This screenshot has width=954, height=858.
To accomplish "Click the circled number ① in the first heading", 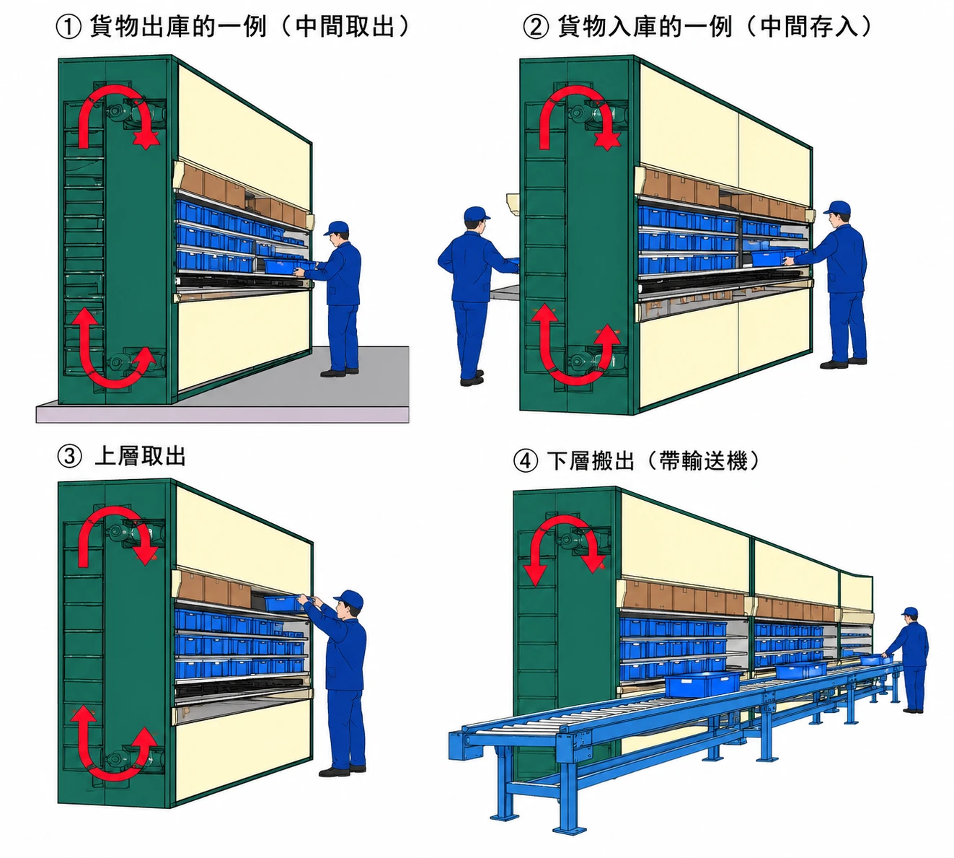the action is click(x=69, y=27).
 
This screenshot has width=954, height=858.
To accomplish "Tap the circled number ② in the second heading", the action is click(x=536, y=27).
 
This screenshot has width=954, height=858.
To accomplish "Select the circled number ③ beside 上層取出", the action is click(x=69, y=456).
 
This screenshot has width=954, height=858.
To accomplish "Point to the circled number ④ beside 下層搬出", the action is click(x=526, y=460).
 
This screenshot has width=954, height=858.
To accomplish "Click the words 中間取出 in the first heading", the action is click(x=345, y=26).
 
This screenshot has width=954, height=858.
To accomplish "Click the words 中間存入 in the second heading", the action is click(x=810, y=26).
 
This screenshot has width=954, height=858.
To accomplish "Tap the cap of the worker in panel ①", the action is click(x=337, y=227).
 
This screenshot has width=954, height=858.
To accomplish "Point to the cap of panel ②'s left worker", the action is click(x=476, y=214).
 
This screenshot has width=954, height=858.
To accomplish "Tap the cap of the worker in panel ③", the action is click(x=349, y=598).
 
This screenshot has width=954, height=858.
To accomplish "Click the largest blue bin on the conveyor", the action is click(x=702, y=684).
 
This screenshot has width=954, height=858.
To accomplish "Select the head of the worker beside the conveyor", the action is click(x=909, y=615).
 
